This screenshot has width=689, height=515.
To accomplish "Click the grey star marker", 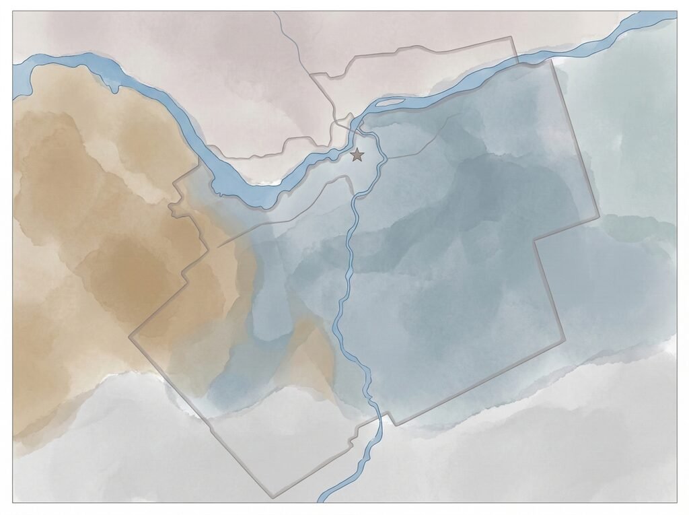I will (x=357, y=156).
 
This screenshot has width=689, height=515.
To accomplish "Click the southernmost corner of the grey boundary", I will (x=272, y=497).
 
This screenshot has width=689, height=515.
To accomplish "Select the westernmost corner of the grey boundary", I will (x=129, y=334).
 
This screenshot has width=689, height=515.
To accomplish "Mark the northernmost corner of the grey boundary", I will (x=511, y=37).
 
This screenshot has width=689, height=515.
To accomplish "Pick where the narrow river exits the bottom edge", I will (x=322, y=501).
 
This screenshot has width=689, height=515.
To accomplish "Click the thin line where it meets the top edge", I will (x=275, y=13).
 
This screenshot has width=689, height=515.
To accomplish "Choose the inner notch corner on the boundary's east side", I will (x=534, y=240).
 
